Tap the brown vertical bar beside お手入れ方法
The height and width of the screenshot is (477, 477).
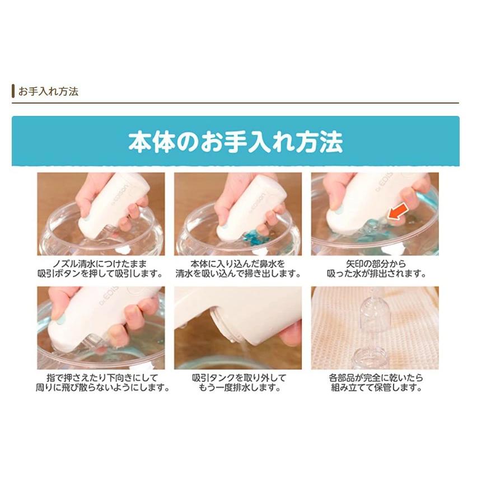click(13, 91)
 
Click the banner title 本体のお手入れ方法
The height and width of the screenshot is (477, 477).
click(235, 142)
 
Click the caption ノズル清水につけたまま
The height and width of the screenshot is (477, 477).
click(101, 264)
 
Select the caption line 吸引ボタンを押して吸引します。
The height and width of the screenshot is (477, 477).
click(101, 274)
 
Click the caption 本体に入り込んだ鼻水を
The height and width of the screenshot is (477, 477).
click(238, 264)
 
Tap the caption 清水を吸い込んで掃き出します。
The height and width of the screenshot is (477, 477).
click(238, 274)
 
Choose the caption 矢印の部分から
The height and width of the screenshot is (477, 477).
click(375, 264)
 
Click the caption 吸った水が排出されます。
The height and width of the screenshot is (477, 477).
click(375, 274)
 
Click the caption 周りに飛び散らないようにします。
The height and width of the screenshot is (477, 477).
click(101, 388)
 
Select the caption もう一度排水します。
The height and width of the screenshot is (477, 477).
click(238, 388)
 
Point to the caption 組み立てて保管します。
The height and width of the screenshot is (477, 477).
click(375, 388)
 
